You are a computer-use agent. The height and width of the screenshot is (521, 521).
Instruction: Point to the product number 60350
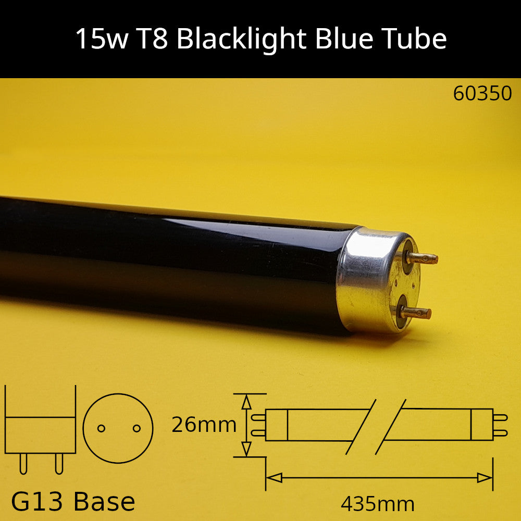[x=482, y=93]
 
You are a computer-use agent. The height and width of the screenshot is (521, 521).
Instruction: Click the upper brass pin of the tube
[x=422, y=258]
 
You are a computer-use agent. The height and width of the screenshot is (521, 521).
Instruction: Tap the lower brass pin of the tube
[x=416, y=313]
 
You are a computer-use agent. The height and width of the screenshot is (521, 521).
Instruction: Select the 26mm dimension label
[x=204, y=425]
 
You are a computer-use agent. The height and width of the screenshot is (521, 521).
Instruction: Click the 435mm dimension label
[x=378, y=504]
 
